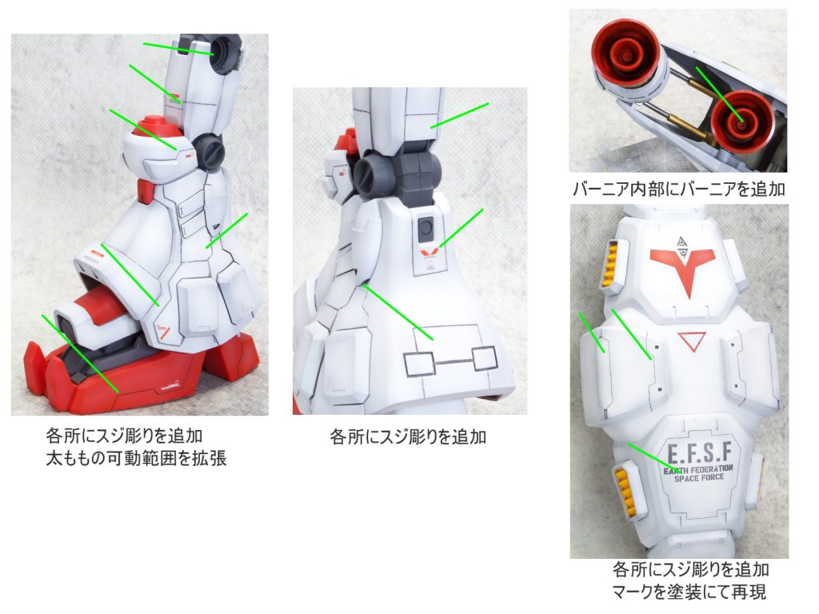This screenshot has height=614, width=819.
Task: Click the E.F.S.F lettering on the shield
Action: [699, 453]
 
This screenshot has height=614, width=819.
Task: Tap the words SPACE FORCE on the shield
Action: [699, 478]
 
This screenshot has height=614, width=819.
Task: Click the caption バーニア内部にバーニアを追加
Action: [678, 189]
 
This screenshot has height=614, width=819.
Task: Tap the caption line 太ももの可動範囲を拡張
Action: [136, 458]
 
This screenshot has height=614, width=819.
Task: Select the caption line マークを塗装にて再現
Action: [689, 592]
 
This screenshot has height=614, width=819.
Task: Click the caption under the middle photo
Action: [408, 437]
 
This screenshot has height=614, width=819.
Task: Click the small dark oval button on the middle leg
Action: [426, 228]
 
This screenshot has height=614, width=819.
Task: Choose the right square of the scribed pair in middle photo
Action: [484, 359]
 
